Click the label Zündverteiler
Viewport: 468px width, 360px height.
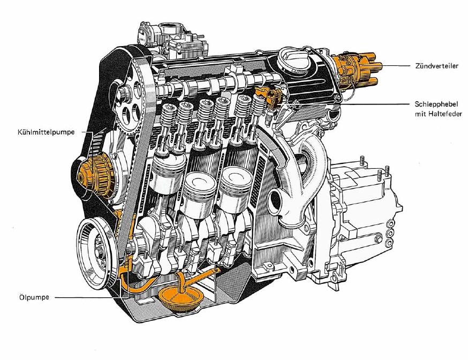tap(436, 66)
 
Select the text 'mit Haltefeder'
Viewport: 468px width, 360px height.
tap(438, 114)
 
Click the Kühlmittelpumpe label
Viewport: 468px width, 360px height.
tap(46, 132)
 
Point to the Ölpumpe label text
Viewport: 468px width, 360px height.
tap(34, 297)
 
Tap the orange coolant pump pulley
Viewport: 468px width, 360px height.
tap(94, 176)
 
